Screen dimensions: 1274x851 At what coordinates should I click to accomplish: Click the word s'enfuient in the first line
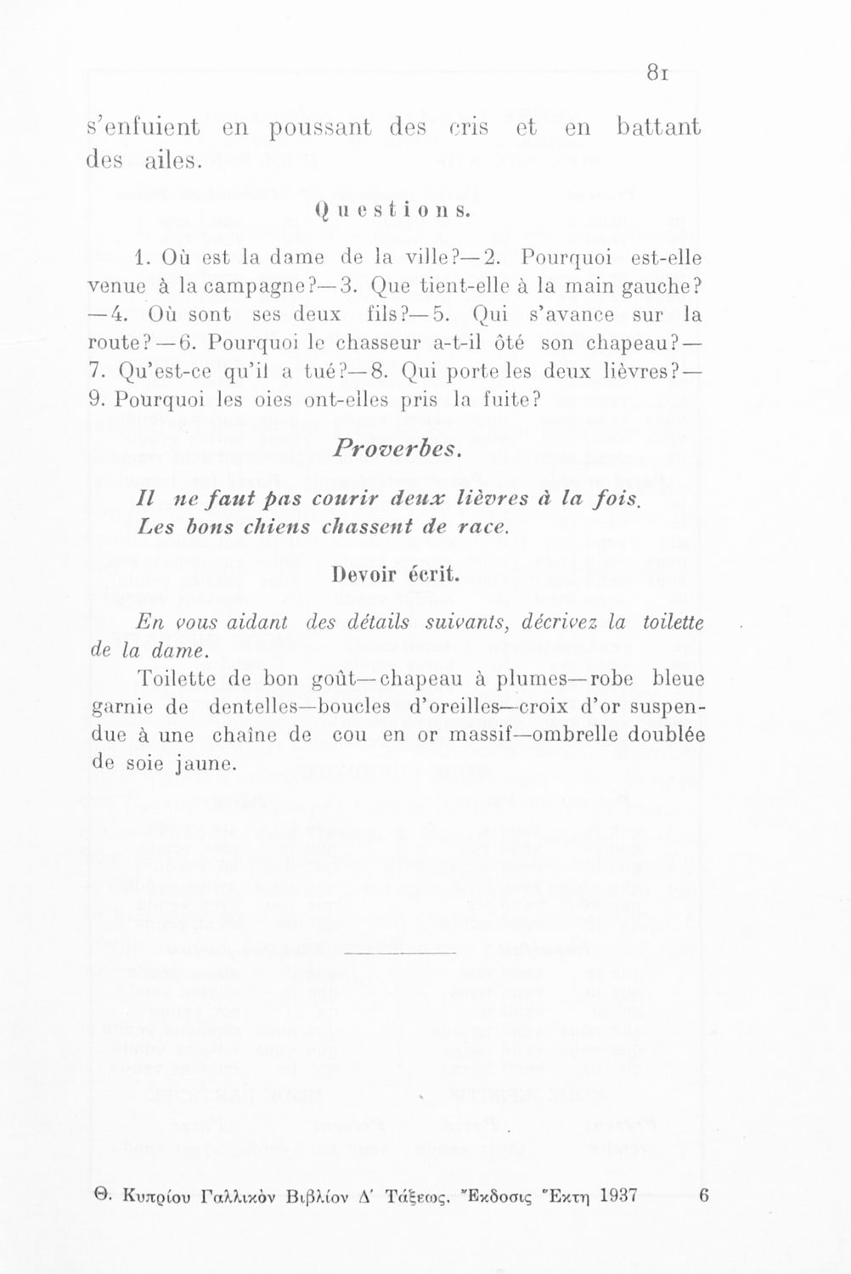(144, 129)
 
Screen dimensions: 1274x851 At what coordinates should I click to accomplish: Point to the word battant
(659, 128)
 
